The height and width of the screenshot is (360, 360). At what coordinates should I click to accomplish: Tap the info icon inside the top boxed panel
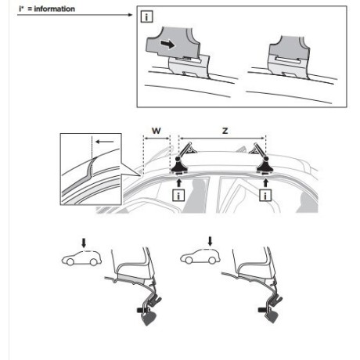(146, 17)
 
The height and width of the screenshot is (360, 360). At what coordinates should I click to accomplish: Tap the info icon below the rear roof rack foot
(268, 193)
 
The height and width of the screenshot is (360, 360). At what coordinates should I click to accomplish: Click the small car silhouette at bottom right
(195, 258)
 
